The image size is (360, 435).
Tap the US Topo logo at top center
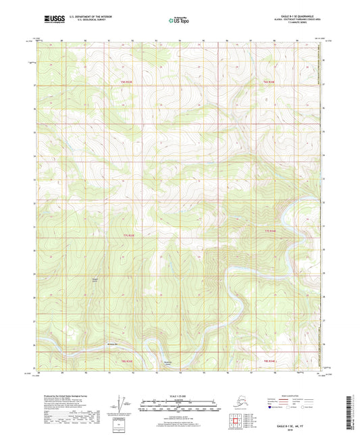point(180,21)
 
